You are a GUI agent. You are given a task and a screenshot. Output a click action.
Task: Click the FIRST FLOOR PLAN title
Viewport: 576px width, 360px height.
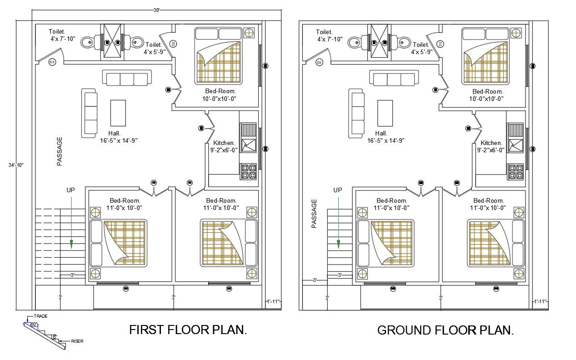coord(188,330)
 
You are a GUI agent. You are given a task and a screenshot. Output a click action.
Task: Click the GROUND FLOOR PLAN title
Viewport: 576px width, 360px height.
coord(446,330)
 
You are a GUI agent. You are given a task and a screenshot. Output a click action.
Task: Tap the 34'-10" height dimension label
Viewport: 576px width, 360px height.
coord(16,165)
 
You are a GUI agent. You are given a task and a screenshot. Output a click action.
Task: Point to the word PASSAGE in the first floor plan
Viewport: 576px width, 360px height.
coord(60,151)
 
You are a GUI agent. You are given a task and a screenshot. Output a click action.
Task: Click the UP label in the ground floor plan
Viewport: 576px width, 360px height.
coord(337,190)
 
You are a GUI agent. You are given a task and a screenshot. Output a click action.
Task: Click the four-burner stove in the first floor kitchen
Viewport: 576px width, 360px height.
coord(249,172)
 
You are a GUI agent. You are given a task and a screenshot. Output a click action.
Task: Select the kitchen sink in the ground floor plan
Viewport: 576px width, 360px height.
coord(516,145)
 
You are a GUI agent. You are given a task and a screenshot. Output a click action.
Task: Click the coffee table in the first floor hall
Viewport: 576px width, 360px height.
coord(118,113)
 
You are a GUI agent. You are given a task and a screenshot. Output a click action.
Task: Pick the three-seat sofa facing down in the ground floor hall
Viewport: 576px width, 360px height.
coord(394,78)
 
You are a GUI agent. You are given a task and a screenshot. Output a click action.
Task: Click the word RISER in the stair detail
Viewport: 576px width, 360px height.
coord(77,341)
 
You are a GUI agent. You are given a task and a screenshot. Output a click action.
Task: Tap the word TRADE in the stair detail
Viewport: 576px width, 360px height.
coord(40,316)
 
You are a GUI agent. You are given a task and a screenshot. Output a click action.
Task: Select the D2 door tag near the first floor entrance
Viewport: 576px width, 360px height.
coord(52,62)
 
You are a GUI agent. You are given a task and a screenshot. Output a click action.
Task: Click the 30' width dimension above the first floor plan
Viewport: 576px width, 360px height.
coord(156,10)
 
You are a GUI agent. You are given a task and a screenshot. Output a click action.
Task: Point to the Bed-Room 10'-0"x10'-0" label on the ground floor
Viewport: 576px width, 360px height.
coord(486,95)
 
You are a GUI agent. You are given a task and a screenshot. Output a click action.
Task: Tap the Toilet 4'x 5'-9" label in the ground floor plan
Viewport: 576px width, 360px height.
coord(421,49)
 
